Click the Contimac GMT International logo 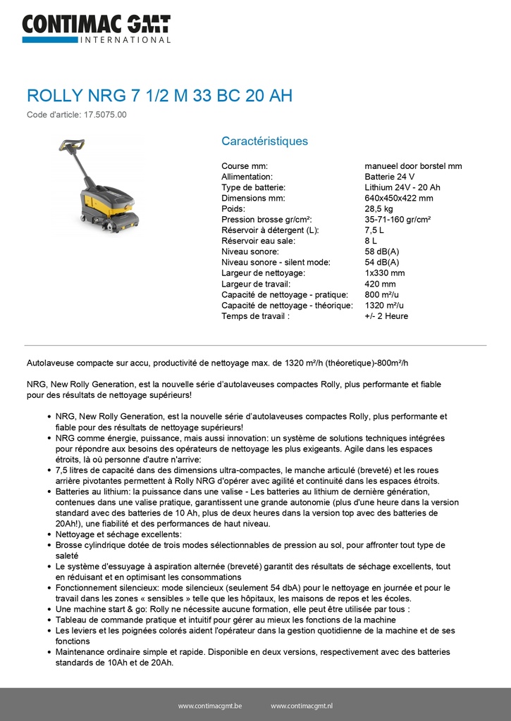[x=96, y=28]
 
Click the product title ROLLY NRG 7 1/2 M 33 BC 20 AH [x=159, y=96]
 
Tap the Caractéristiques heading [x=264, y=141]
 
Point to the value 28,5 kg [x=378, y=209]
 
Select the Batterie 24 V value [x=389, y=177]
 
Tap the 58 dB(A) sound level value [x=381, y=251]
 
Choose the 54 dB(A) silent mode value [x=381, y=263]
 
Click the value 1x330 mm [x=385, y=273]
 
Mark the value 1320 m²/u [x=384, y=305]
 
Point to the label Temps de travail [x=255, y=316]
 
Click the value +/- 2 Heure [x=386, y=316]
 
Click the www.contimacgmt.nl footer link [x=302, y=706]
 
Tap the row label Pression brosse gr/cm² [x=266, y=220]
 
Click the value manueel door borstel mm [x=413, y=166]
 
